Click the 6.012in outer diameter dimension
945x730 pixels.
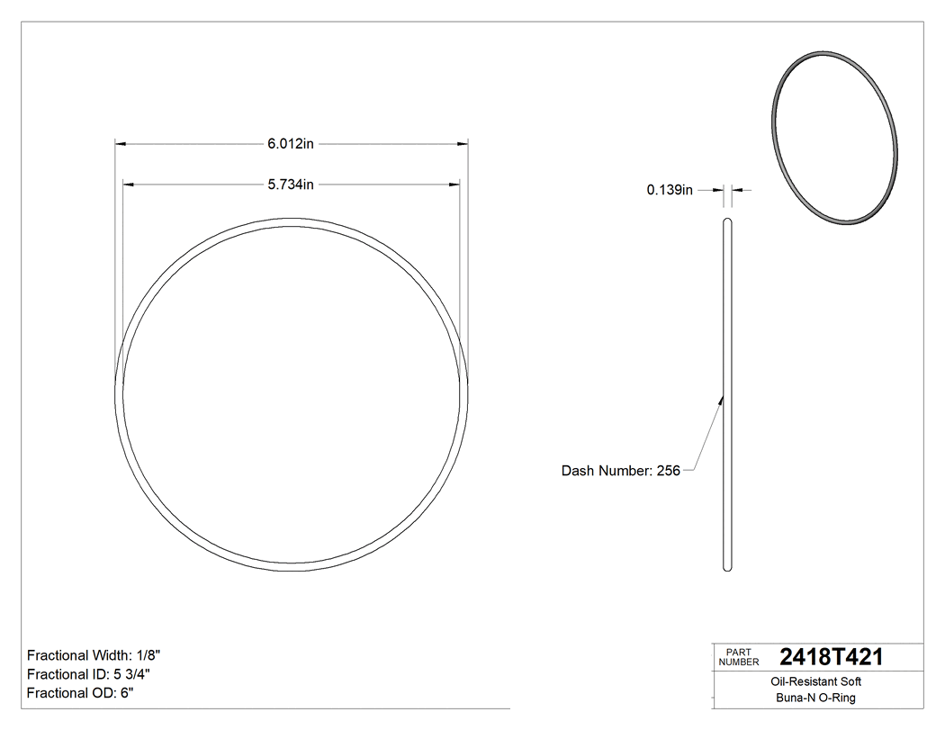tap(290, 143)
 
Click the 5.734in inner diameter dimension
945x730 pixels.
tap(290, 185)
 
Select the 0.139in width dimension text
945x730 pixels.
tap(670, 190)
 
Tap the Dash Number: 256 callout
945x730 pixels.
tap(620, 470)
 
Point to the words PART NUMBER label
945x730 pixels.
tap(738, 657)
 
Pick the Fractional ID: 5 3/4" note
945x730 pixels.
tap(88, 674)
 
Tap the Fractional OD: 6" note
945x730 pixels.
tap(81, 692)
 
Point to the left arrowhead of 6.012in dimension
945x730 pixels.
tap(120, 143)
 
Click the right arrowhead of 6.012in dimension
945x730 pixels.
tap(463, 143)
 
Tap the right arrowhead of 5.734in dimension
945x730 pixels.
tap(454, 185)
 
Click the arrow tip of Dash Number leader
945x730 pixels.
tap(723, 398)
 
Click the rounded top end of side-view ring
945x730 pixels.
tap(728, 221)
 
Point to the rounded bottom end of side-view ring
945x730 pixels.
tap(728, 567)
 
